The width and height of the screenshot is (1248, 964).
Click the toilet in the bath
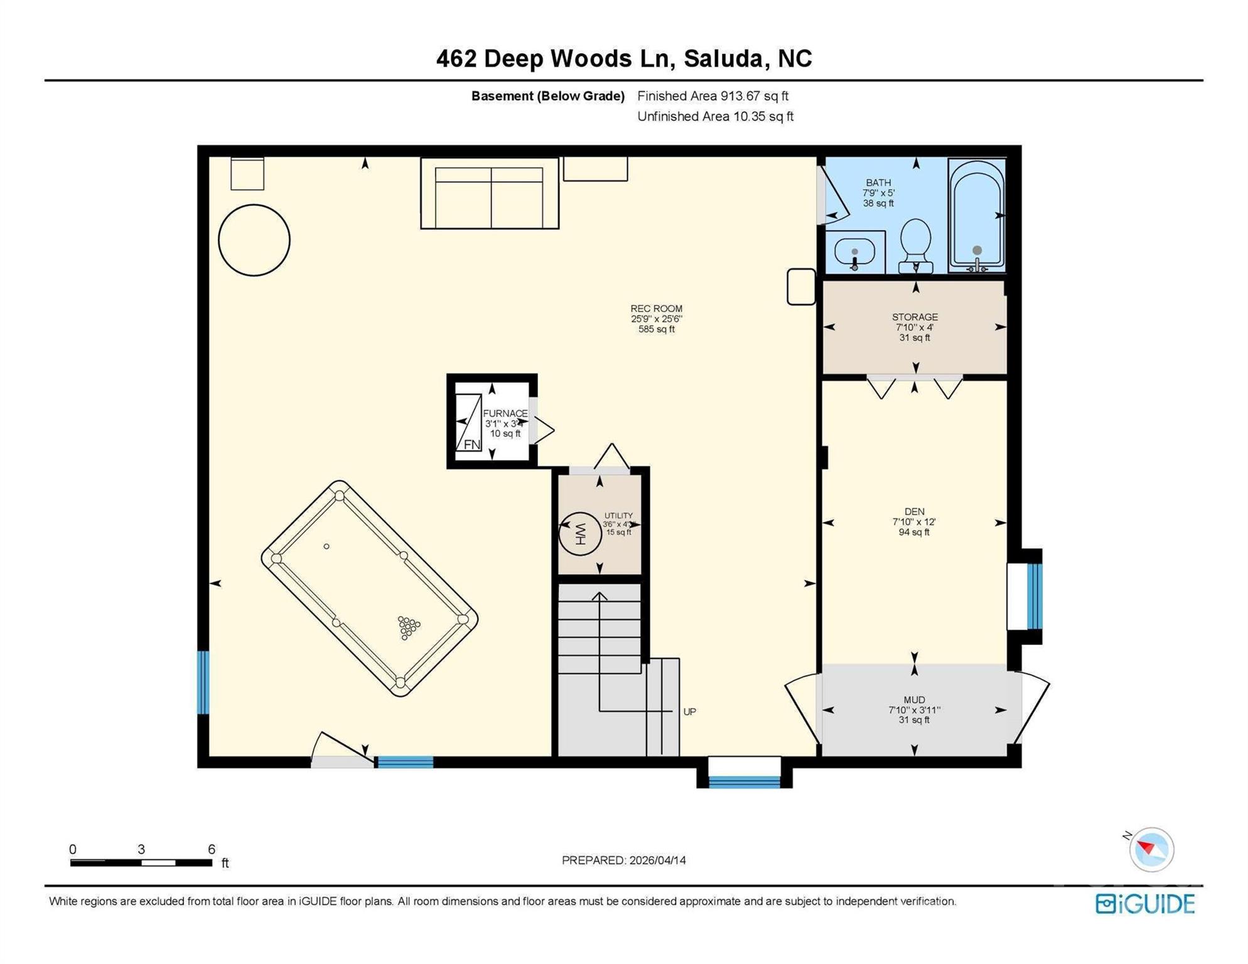915,245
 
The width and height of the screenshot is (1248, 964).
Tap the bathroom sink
854,252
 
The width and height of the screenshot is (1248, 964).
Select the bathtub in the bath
977,215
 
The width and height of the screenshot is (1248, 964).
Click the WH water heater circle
579,533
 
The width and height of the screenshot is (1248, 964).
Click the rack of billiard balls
409,626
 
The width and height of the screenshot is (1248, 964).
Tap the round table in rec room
254,240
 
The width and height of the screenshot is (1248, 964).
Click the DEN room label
914,511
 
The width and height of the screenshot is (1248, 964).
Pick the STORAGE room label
915,317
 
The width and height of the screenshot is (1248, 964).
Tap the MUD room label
914,700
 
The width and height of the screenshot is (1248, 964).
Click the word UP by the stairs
689,712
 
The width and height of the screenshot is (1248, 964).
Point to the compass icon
1151,849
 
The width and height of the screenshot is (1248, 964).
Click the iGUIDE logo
1144,904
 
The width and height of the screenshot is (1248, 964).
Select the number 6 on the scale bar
212,849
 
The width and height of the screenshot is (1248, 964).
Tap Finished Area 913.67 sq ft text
713,96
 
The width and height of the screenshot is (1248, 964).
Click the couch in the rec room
490,193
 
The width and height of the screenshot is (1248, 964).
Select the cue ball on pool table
326,547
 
